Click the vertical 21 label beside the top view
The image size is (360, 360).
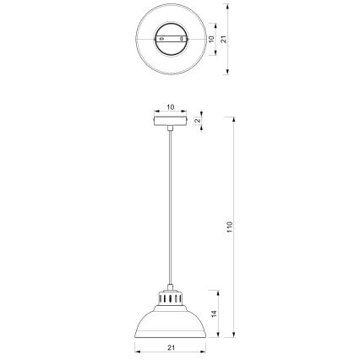click(224, 39)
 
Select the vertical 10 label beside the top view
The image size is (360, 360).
click(212, 39)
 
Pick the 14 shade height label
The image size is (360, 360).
click(216, 314)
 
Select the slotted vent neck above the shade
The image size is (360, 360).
click(170, 298)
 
